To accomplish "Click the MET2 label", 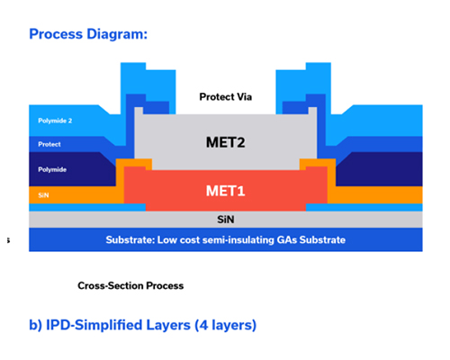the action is pos(225,142).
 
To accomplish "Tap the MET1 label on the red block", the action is pos(225,191).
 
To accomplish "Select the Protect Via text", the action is pos(226,97).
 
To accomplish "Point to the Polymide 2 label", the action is pos(55,121).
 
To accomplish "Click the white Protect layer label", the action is pos(49,144).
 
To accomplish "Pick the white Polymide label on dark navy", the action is pos(52,169).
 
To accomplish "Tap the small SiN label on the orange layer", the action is pos(43,195).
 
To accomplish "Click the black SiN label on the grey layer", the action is pos(226,220).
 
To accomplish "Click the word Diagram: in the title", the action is pos(117,34).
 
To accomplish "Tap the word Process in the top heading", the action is pos(56,34).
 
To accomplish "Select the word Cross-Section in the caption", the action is pos(110,285).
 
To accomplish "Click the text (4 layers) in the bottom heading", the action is pos(225,325).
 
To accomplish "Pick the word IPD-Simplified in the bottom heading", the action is pos(118,325).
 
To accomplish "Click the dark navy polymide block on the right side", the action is pos(379,169).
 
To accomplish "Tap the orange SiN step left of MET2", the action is pos(134,165).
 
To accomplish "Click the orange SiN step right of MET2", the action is pos(318,165).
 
